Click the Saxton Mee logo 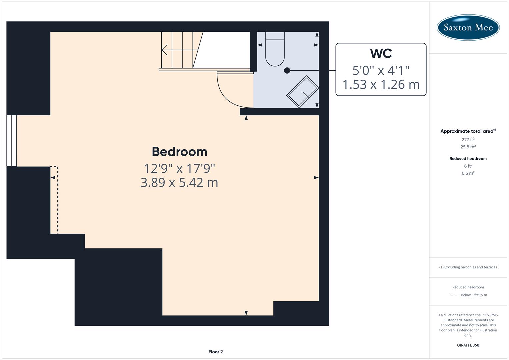[x=468, y=27]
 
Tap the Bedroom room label [x=179, y=152]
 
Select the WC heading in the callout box [x=381, y=53]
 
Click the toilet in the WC [x=275, y=50]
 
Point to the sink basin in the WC [x=302, y=92]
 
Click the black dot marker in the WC [x=287, y=70]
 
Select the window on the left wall [x=12, y=140]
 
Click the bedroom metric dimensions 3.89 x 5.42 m [x=179, y=183]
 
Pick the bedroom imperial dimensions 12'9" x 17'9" [x=179, y=168]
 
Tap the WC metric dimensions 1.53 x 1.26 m [x=381, y=85]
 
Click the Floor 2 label [x=216, y=352]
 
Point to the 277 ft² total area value [x=468, y=140]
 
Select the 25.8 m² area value [x=468, y=147]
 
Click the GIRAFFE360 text [x=468, y=345]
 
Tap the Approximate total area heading [x=468, y=131]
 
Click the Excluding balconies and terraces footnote [x=468, y=267]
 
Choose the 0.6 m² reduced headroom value [x=468, y=173]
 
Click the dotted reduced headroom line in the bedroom [x=58, y=200]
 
